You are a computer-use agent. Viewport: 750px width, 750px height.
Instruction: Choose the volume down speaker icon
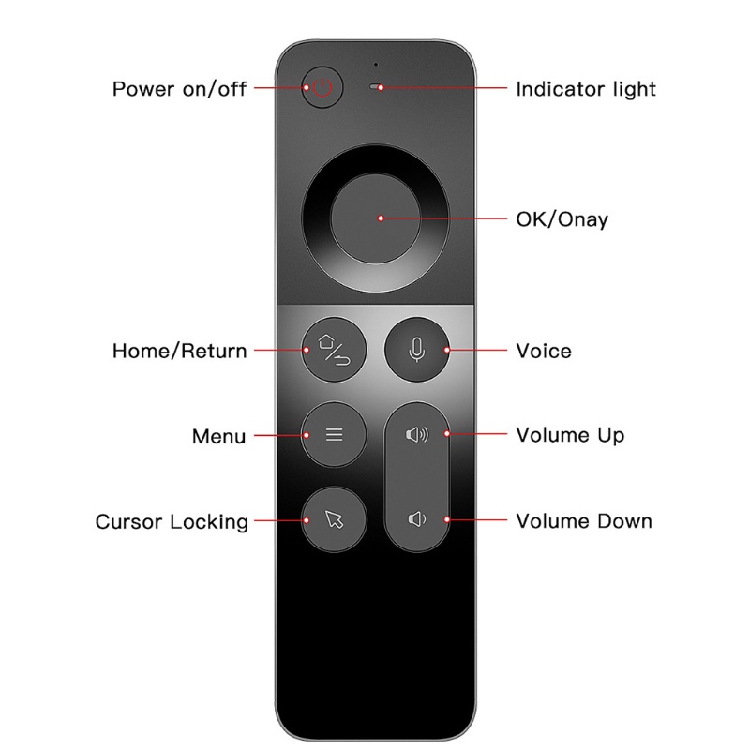(417, 519)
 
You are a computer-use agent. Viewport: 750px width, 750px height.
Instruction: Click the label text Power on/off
(180, 90)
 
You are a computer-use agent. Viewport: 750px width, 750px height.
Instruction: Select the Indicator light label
(586, 90)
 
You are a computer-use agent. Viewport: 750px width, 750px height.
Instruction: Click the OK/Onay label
(562, 219)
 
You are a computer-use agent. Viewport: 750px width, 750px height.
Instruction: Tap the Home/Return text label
(180, 352)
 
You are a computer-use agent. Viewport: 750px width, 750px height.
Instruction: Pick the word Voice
(544, 352)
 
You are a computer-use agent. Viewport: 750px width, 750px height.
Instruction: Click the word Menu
(218, 436)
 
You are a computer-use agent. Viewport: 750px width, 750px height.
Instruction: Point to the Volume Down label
(584, 520)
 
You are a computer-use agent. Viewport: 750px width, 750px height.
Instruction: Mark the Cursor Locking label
(172, 521)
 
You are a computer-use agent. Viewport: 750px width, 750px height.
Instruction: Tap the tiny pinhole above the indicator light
(375, 65)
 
